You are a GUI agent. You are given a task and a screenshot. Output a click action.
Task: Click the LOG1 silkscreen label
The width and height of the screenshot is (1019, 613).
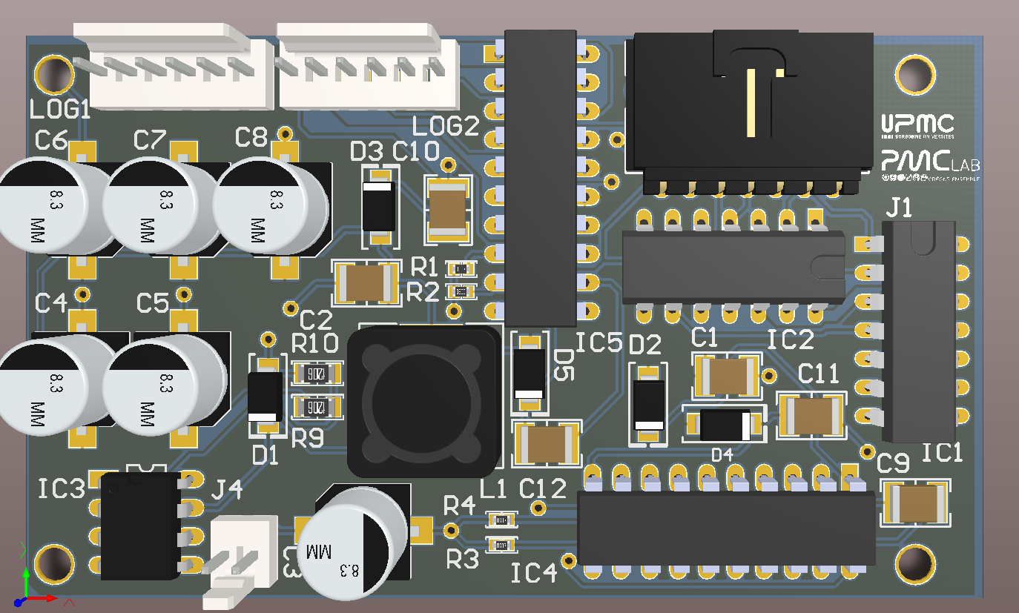click(x=60, y=110)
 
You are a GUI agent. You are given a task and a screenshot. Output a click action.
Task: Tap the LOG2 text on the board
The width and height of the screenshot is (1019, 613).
click(x=446, y=127)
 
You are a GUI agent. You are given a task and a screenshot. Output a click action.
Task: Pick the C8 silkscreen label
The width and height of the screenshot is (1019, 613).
click(x=251, y=138)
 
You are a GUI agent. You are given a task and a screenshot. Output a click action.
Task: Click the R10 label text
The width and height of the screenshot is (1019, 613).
click(x=314, y=344)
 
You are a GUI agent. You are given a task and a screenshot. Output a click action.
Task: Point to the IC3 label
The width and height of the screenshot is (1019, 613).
click(x=62, y=489)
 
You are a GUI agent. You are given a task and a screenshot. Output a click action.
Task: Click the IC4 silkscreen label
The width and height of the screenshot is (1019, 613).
click(x=534, y=573)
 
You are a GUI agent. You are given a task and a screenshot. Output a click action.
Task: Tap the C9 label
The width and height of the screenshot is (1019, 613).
click(x=893, y=465)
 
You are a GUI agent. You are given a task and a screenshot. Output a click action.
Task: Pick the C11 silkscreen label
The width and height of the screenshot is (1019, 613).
click(x=818, y=374)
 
